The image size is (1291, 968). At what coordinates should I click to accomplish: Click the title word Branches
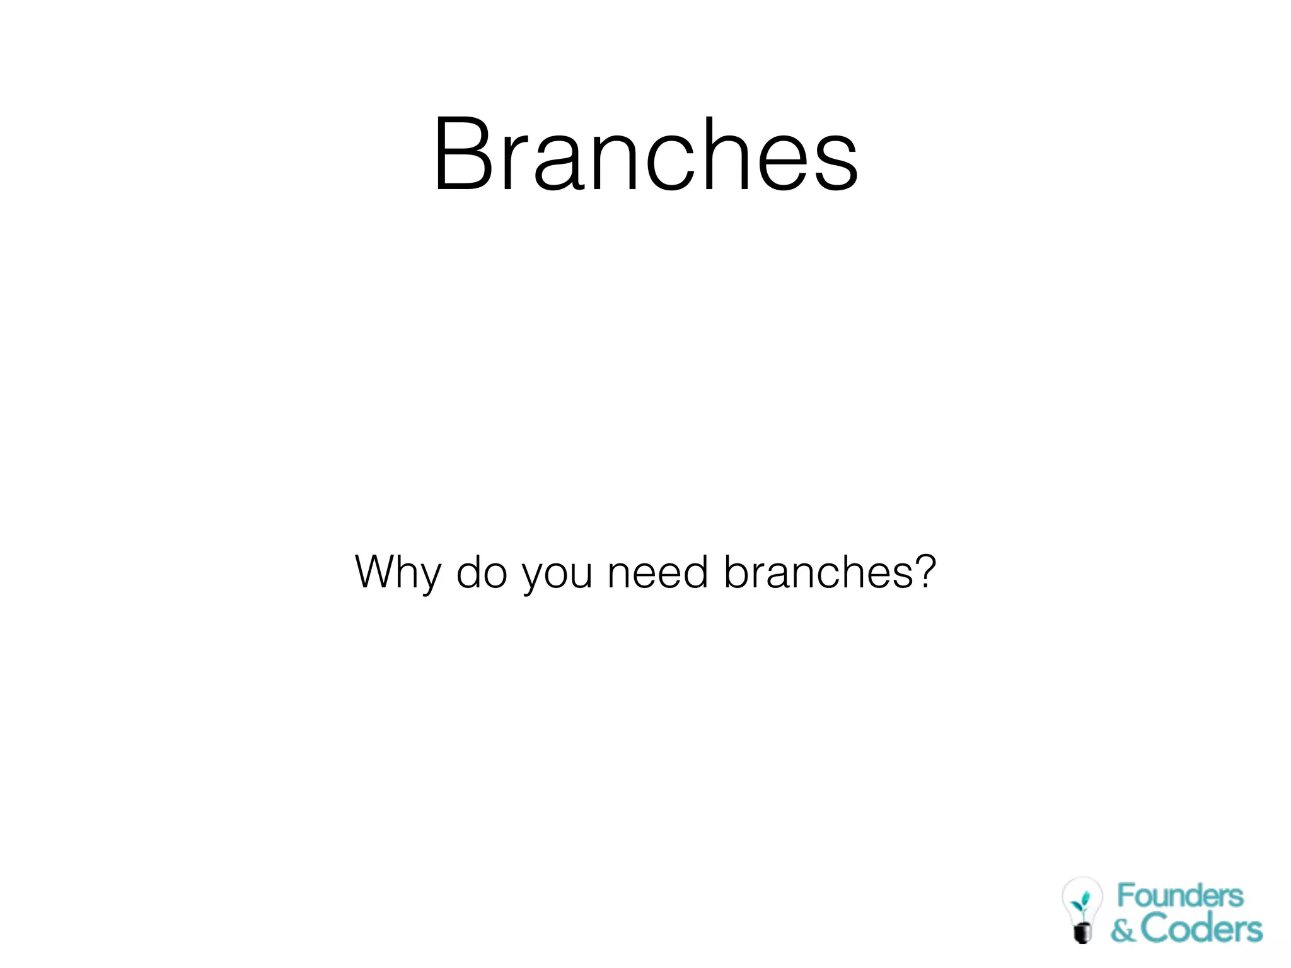click(x=645, y=154)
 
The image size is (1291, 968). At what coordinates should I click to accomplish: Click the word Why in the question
click(x=398, y=573)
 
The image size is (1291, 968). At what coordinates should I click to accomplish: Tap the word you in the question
click(x=557, y=575)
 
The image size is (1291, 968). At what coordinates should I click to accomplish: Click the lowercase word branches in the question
click(x=818, y=572)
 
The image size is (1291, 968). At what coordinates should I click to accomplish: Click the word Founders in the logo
click(x=1180, y=896)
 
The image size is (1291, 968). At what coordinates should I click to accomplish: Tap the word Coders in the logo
click(x=1201, y=929)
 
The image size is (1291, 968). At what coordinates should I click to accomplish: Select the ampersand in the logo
click(x=1123, y=930)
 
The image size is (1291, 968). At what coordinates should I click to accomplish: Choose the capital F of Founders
click(x=1126, y=896)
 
